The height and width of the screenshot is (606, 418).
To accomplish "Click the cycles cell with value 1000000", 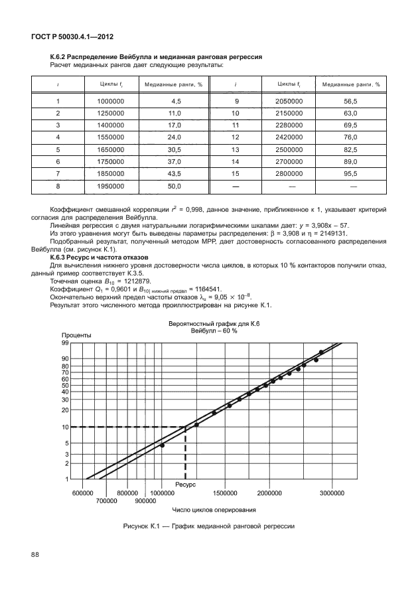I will pos(111,101).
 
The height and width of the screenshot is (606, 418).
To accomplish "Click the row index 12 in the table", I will pos(234,137).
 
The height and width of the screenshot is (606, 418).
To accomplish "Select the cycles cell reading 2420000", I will pos(289,137).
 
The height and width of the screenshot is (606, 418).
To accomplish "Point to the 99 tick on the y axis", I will pos(66,343).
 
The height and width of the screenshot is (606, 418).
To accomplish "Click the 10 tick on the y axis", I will pos(66,427).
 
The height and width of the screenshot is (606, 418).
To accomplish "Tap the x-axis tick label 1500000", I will pos(226,493).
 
